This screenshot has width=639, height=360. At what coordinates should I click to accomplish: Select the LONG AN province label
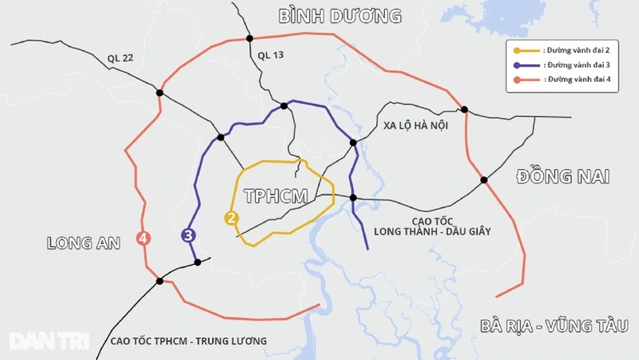(83, 242)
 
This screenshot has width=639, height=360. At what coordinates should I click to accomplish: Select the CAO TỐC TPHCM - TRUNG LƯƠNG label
(189, 341)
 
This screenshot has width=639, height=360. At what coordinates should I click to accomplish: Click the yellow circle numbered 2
(231, 218)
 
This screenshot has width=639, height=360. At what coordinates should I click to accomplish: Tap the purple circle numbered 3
(189, 234)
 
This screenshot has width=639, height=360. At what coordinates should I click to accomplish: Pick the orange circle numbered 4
(143, 238)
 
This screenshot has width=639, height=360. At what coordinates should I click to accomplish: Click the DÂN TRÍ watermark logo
(48, 341)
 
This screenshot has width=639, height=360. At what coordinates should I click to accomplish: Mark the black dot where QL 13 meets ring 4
(249, 38)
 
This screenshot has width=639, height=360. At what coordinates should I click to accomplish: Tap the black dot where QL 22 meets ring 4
(160, 93)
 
